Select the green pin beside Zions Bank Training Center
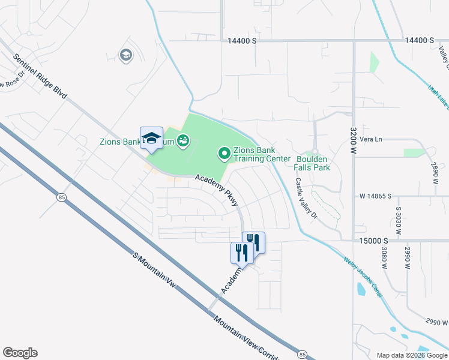tap(224, 155)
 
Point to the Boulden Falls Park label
tap(313, 163)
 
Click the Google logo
tap(20, 353)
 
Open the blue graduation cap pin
tap(151, 137)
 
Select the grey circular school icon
tap(126, 56)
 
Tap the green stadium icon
tap(183, 142)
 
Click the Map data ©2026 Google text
tap(411, 355)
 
